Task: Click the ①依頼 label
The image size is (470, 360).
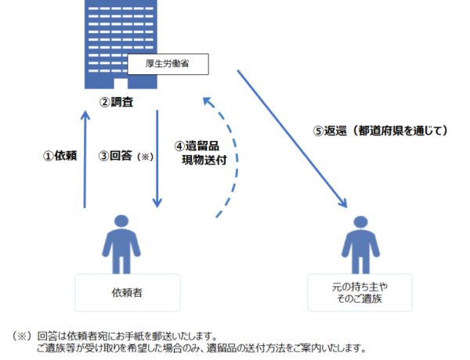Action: (60, 156)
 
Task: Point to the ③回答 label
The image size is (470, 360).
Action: (116, 156)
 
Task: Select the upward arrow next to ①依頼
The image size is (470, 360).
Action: (84, 160)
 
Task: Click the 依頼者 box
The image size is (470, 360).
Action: (127, 293)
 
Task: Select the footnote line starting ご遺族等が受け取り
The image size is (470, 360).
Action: (200, 348)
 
